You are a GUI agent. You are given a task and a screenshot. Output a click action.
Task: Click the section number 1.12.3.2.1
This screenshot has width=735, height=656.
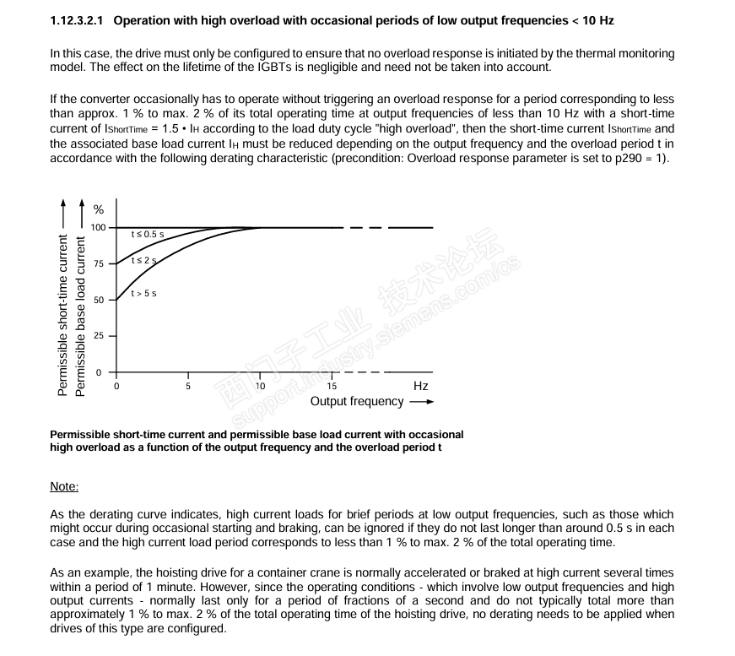pos(78,19)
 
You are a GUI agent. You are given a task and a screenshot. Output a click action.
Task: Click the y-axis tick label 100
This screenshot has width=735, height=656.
pos(100,228)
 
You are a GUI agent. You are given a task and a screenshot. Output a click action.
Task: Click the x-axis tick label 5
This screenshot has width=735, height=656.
pos(188,386)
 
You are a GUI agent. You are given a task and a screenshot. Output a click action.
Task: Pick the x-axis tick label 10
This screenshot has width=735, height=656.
pos(260,386)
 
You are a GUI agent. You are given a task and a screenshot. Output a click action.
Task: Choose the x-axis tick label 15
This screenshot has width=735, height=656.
pos(332,386)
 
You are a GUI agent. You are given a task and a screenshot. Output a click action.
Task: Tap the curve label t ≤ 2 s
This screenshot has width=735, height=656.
pos(144,261)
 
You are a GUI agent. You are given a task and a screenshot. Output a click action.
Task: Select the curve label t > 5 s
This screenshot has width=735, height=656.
pos(143,293)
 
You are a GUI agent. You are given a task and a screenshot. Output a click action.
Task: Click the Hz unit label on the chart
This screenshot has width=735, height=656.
pos(421,386)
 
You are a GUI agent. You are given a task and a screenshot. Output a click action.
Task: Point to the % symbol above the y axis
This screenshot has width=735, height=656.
pos(98,210)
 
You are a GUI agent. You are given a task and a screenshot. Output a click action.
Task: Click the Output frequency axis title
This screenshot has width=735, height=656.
pos(357,402)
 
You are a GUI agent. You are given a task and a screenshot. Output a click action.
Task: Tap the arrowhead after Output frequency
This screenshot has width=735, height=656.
pos(428,403)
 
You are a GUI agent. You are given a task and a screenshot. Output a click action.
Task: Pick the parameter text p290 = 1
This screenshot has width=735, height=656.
pos(641,160)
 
